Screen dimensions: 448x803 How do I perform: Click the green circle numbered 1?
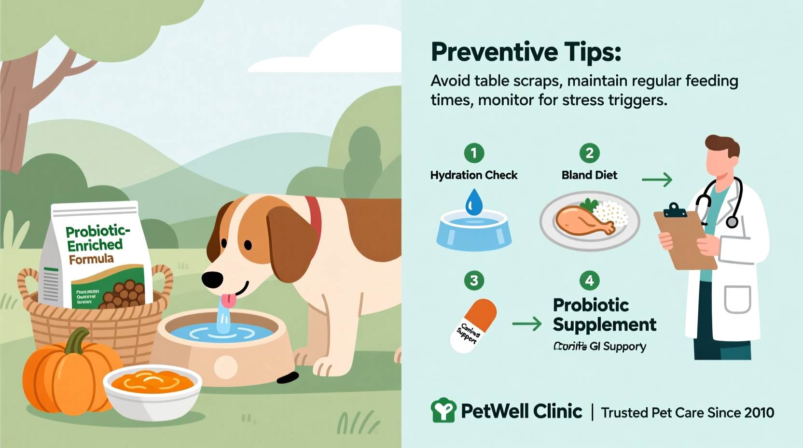(x=474, y=154)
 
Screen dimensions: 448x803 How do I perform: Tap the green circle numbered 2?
(x=589, y=154)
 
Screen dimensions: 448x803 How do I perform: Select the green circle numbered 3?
(x=474, y=280)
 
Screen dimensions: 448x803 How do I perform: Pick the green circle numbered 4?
(x=589, y=280)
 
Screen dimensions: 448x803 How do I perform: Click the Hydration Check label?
(x=473, y=175)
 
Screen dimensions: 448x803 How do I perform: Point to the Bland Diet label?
(x=589, y=175)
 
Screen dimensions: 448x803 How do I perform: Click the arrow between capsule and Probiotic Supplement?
(x=526, y=323)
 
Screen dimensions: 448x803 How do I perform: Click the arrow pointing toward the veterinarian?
(x=657, y=180)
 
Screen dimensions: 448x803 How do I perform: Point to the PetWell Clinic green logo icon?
(x=443, y=410)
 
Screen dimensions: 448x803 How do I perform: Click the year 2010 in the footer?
(x=759, y=413)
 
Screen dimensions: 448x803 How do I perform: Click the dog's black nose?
(x=212, y=279)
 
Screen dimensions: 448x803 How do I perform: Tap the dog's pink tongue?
(x=228, y=301)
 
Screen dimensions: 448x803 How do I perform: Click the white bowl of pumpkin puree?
(x=152, y=391)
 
